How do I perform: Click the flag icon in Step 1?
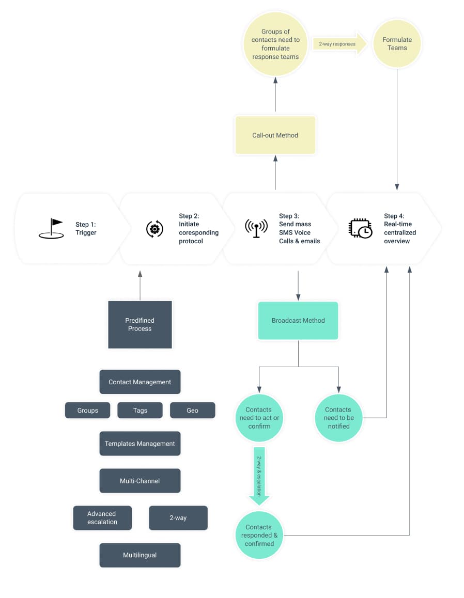[x=52, y=228]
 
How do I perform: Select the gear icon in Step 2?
[x=154, y=228]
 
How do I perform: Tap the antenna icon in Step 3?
[x=256, y=228]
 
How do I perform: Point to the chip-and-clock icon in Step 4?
[x=360, y=228]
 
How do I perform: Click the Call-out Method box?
[x=275, y=135]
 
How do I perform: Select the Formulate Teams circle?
[x=397, y=44]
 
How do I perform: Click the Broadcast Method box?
[x=298, y=321]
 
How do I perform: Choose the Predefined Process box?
[x=140, y=324]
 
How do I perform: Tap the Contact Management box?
[x=140, y=382]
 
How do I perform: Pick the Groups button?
[x=87, y=411]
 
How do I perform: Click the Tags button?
[x=140, y=411]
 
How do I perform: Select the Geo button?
[x=192, y=411]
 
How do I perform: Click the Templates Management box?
[x=140, y=444]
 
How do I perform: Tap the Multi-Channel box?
[x=140, y=481]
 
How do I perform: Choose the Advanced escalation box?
[x=102, y=518]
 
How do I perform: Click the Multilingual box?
[x=140, y=555]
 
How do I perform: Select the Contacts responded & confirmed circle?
[x=259, y=536]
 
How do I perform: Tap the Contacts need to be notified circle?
[x=338, y=418]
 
